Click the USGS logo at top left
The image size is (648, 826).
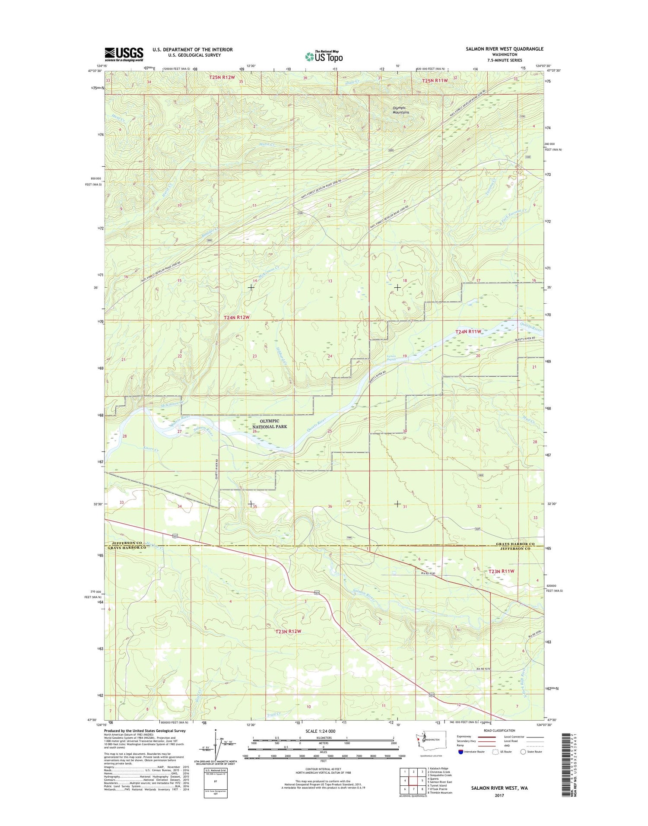point(124,54)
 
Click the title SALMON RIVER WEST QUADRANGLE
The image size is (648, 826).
point(504,49)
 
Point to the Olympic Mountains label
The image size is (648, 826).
point(400,110)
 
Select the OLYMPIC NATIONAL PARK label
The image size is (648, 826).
point(269,423)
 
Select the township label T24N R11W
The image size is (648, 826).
point(468,331)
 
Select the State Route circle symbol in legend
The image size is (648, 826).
point(523,752)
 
